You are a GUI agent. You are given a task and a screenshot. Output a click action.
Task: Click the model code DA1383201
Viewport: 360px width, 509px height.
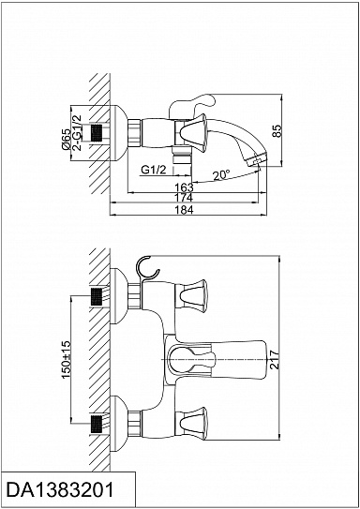60,489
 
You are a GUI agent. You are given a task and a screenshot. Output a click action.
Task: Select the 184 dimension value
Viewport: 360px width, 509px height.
184,210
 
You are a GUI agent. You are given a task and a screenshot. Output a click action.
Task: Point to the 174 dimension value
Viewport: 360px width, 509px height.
184,198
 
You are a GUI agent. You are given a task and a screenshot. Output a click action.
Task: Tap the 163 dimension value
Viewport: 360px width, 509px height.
184,187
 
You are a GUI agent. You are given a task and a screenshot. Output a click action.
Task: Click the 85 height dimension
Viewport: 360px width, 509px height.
277,130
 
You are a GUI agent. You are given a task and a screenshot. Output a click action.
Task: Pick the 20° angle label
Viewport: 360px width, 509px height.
221,175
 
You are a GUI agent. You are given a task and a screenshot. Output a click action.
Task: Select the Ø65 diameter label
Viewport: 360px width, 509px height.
66,139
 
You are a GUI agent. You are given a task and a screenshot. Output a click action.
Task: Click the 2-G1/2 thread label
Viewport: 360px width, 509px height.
77,132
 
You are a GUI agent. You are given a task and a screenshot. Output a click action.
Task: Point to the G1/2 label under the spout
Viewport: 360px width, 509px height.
154,170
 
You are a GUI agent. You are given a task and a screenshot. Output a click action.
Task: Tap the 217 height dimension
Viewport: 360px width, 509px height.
275,359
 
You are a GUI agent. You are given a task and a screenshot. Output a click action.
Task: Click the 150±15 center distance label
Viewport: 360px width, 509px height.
66,359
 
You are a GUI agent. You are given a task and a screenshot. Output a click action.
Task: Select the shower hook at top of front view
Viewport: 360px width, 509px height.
145,269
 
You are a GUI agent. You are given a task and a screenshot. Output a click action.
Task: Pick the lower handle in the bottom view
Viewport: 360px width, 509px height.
191,424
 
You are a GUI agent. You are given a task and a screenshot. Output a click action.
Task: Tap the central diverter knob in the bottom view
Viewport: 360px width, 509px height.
191,360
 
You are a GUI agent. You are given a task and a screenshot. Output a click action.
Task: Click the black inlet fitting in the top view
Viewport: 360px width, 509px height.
97,133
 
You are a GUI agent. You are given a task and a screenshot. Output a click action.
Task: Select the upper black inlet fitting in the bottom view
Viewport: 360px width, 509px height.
97,297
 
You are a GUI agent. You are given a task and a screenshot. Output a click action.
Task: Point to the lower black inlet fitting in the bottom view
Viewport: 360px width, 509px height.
97,424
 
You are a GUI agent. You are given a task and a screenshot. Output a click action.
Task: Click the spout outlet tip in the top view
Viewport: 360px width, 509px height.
257,160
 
